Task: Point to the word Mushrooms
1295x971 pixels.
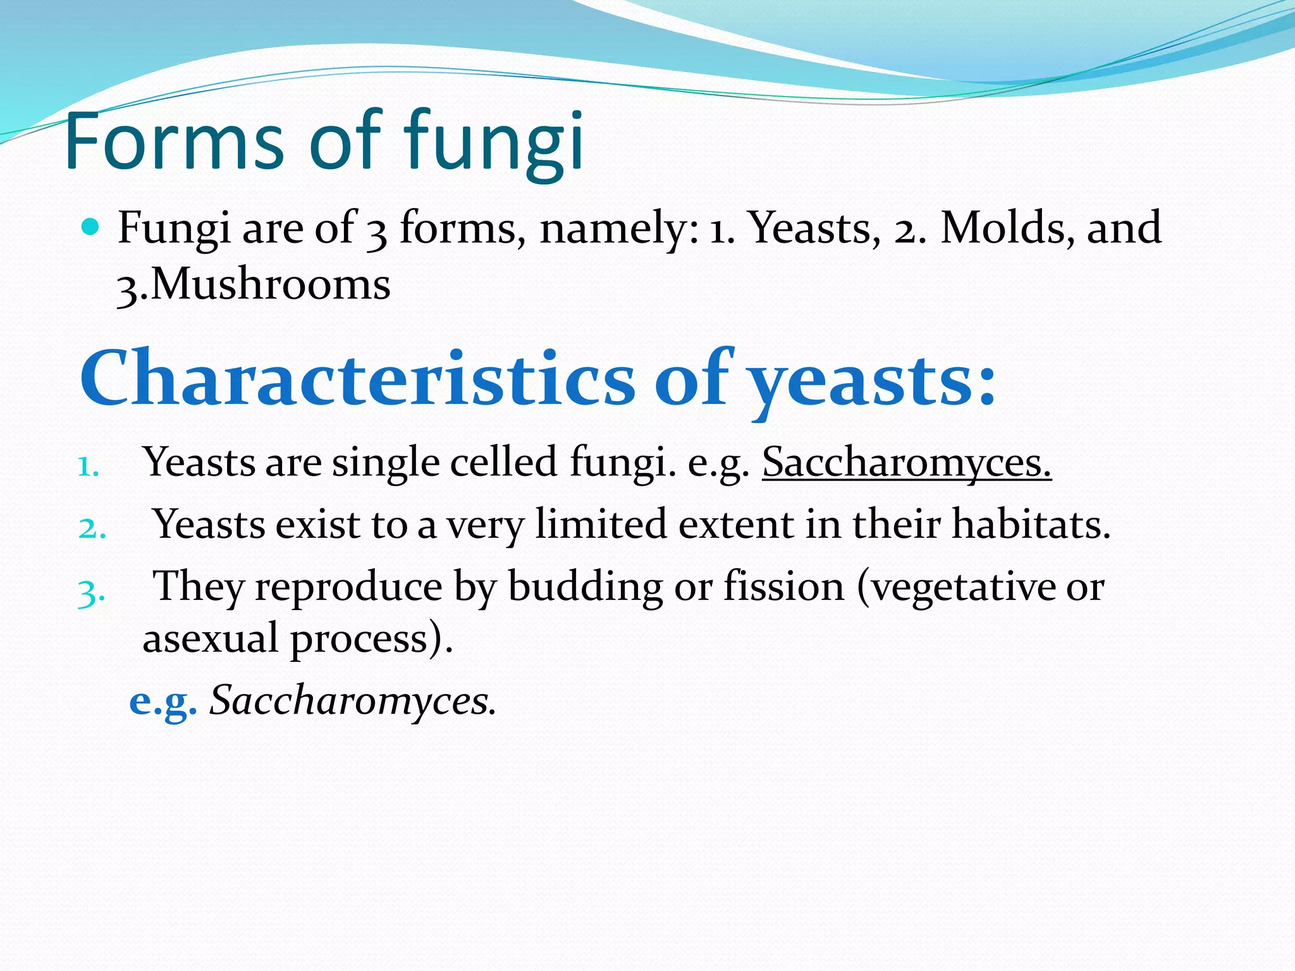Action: coord(271,284)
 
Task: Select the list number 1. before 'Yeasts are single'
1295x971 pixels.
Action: coord(89,468)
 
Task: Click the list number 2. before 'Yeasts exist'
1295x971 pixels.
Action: coord(92,528)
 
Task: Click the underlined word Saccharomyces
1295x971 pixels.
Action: coord(906,462)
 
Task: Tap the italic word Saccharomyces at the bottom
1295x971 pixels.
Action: coord(352,700)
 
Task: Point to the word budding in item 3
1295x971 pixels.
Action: coord(585,587)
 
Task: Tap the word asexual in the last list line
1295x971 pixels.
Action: coord(210,638)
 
